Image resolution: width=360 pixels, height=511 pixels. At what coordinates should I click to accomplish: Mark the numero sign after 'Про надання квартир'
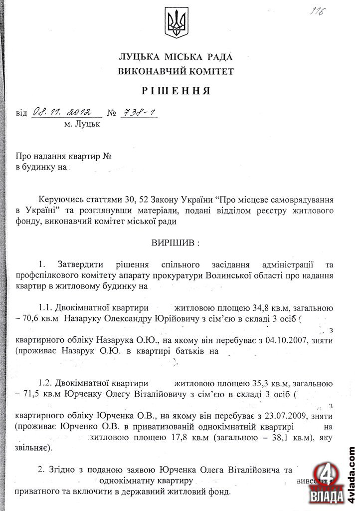coord(107,156)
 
